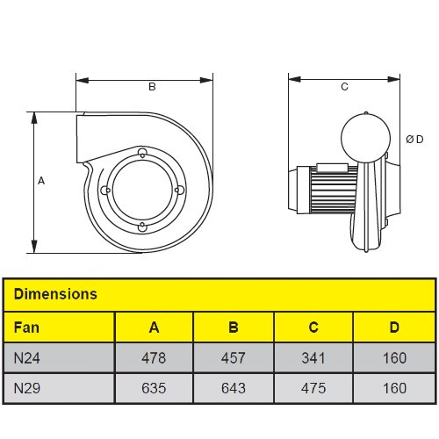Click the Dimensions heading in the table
55,294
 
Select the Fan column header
26,327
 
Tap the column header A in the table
154,327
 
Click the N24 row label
27,358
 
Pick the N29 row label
27,388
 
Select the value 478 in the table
154,358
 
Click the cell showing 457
234,358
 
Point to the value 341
313,358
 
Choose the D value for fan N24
394,358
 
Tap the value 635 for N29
154,388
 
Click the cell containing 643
234,388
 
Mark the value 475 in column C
313,388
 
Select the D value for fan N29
394,388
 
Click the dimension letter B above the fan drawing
152,87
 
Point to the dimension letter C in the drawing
344,87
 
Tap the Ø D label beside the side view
414,140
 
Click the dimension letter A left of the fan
41,181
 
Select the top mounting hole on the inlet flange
142,153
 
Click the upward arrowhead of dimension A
34,118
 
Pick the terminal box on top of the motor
332,168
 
